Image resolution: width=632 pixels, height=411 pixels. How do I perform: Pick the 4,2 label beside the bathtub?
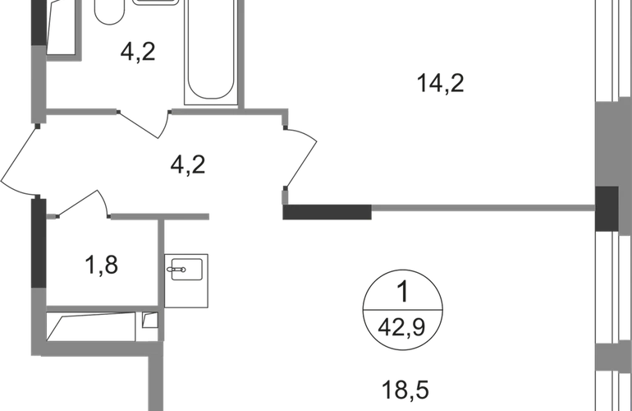point(138,55)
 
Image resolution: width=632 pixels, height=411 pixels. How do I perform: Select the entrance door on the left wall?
point(21,160)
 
